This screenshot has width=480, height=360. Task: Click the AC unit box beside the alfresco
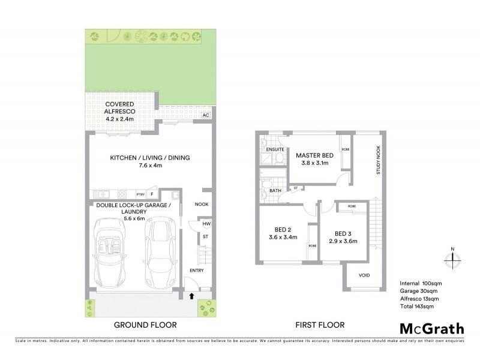coord(206,115)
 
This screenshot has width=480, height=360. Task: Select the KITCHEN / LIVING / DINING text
coord(149,158)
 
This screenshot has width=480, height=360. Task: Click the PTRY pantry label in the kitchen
coord(140,194)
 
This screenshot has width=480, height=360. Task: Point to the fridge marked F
coord(153,194)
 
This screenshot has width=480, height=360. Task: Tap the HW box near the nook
coord(206,224)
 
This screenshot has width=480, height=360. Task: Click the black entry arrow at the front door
coord(191,295)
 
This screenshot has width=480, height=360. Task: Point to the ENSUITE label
coord(275,148)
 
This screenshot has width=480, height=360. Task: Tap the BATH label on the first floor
coord(275,191)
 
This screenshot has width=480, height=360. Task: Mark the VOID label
coord(364,275)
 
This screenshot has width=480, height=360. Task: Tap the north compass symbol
coord(452,260)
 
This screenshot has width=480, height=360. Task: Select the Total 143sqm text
coord(416,306)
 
